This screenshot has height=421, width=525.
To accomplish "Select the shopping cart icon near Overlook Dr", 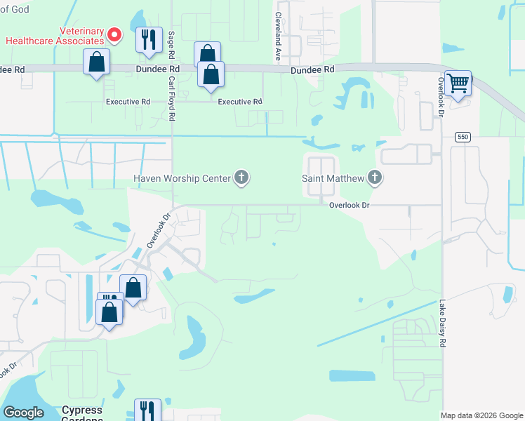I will (458, 83).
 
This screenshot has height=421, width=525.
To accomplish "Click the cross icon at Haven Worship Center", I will (241, 178).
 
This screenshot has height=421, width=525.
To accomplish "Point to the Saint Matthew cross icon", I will (375, 178).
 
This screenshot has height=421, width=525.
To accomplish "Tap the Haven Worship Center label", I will (182, 178).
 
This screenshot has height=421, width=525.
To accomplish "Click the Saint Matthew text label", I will (333, 178).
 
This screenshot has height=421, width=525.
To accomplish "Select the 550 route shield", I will (461, 136).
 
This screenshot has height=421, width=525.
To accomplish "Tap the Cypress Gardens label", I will (83, 414).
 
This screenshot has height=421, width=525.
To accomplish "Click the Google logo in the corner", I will (23, 413).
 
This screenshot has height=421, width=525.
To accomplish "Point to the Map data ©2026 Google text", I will (481, 415).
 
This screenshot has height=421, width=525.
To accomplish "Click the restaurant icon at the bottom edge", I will (147, 410).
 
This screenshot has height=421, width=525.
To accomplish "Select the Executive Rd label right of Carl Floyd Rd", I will (240, 102).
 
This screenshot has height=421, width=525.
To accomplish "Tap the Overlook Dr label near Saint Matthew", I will (350, 205).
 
